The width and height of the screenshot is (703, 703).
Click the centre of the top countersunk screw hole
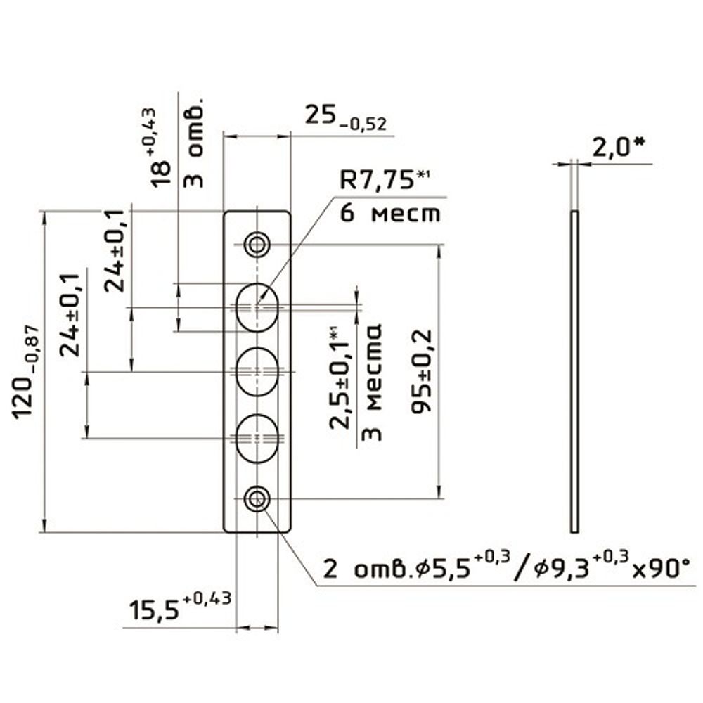[257, 245]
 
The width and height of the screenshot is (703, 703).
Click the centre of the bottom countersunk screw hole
[257, 498]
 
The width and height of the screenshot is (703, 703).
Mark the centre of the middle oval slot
[257, 372]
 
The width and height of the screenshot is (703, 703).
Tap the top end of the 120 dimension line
[44, 211]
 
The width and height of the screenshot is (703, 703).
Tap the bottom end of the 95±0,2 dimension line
[439, 498]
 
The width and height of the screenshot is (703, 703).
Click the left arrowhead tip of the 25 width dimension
[224, 137]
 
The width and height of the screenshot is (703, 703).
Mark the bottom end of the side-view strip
[574, 532]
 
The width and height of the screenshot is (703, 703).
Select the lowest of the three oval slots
[257, 438]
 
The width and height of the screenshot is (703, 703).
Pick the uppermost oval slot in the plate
[257, 307]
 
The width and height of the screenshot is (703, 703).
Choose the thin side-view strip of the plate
[574, 372]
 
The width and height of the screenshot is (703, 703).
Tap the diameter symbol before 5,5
[423, 570]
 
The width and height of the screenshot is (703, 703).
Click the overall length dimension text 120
[23, 396]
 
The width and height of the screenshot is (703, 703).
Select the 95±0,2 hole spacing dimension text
[421, 371]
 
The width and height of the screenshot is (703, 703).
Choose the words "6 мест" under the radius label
[390, 214]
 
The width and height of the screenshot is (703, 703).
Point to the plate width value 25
[320, 115]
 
